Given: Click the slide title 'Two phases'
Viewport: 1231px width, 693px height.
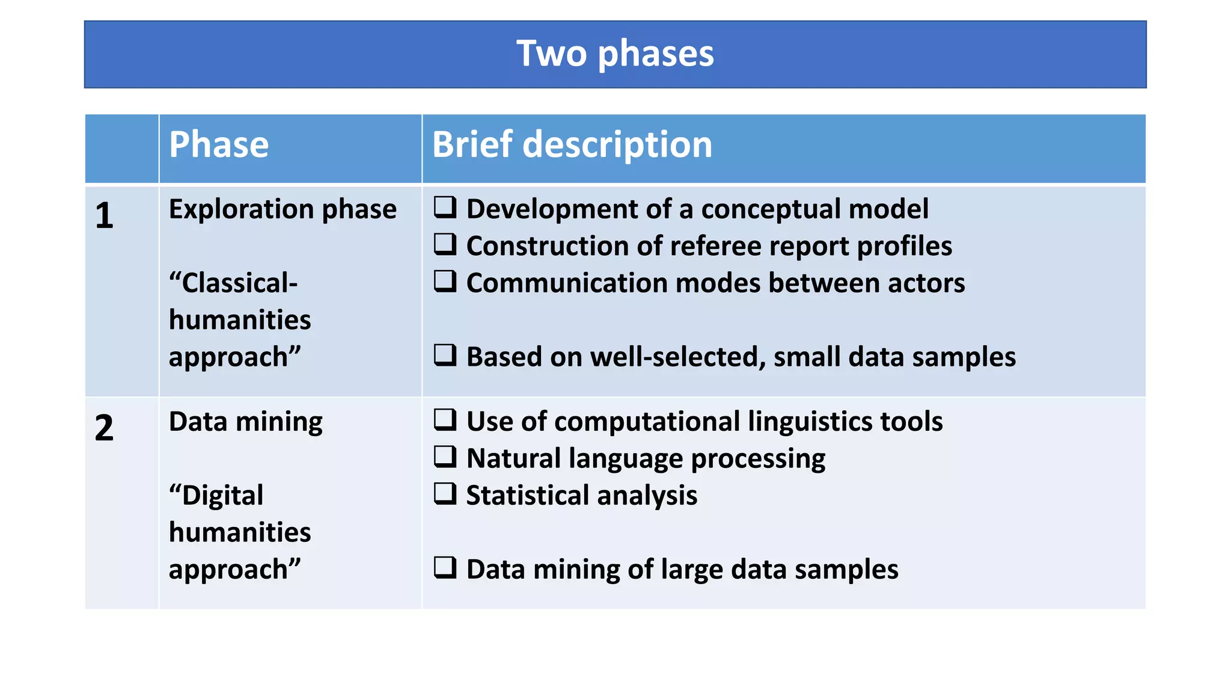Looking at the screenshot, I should point(615,54).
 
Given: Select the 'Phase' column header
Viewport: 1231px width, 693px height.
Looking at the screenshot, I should point(219,145).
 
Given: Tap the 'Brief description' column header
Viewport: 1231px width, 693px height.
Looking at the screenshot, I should point(572,145).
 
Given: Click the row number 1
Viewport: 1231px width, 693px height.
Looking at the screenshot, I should point(104,215).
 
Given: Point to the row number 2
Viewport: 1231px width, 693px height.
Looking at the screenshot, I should point(104,428).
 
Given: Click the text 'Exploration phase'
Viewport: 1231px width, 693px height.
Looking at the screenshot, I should point(283,209).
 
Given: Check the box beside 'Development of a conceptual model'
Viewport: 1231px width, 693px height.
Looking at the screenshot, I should point(445,207).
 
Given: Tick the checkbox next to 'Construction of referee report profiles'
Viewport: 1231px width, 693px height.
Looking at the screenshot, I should point(445,244).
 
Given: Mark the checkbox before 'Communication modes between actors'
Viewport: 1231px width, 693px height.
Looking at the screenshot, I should point(445,281).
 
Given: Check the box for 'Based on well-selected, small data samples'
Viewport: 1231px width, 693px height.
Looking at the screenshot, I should point(445,355).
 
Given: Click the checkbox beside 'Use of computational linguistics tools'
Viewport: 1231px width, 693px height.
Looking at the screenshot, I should point(445,419).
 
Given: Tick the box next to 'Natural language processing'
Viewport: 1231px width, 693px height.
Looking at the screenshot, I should point(445,457).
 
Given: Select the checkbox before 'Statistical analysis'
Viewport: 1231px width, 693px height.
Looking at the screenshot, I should point(445,493).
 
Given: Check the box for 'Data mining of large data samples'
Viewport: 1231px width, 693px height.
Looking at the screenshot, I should point(445,567).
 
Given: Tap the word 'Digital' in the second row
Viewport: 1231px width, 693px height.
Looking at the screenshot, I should point(222,496).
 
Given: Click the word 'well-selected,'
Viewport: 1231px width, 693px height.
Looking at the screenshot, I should point(677,357).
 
